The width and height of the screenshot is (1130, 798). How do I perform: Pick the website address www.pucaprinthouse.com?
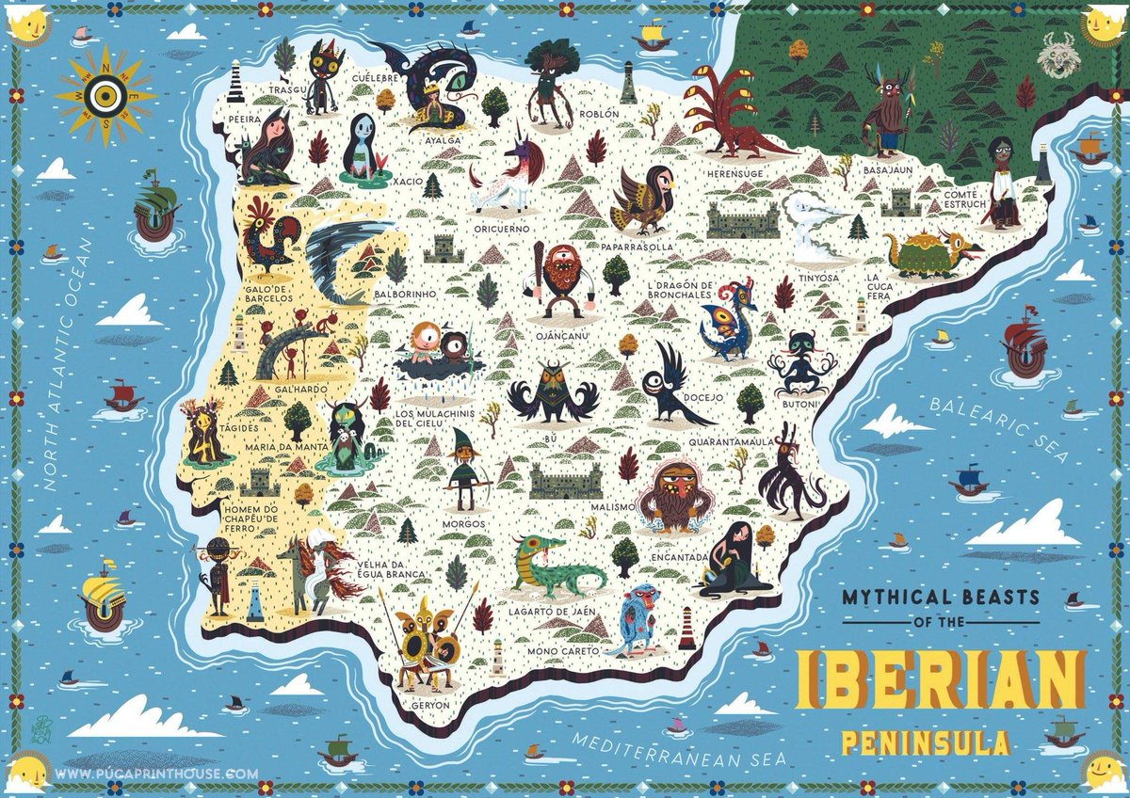pos(159,774)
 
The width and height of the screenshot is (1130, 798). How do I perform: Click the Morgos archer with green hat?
pos(463,470)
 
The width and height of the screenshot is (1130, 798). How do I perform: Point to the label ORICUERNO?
pos(504,229)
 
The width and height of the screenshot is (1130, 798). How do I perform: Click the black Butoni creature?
pos(801,362)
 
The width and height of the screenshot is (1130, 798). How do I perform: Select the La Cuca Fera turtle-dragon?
pos(928,252)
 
